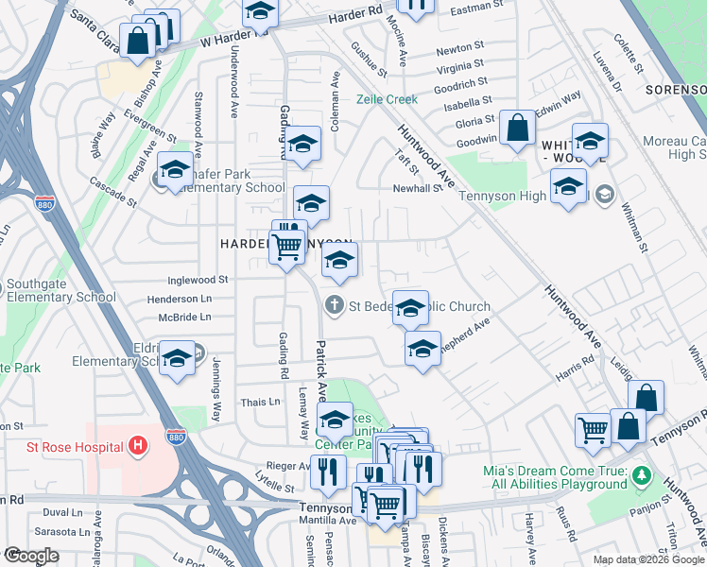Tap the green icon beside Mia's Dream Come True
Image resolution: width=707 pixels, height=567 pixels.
tap(643, 473)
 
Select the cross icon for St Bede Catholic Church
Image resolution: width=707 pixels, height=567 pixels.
tap(334, 305)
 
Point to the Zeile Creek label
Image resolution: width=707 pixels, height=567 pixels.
tap(386, 99)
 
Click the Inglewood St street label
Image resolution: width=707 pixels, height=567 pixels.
tap(198, 280)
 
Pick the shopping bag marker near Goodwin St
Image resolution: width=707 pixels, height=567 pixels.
tap(518, 129)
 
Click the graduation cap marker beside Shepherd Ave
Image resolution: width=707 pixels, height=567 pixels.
tap(422, 348)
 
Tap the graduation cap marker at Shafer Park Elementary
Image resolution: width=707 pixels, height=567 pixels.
tap(175, 169)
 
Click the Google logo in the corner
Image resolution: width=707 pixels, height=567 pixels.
tap(31, 557)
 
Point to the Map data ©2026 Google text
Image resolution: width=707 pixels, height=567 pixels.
tap(648, 559)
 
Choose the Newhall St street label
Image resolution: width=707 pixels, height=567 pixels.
tap(418, 188)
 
